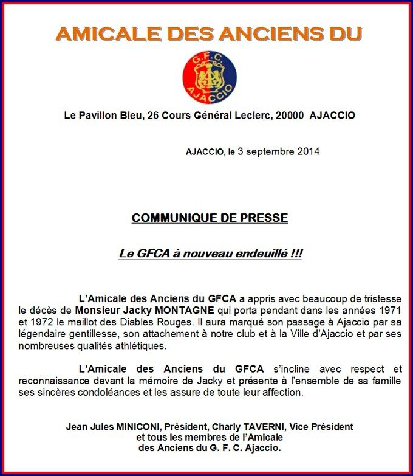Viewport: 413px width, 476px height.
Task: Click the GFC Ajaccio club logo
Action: [210, 77]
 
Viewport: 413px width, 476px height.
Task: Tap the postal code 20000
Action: [288, 115]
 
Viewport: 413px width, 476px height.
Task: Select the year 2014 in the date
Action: [307, 151]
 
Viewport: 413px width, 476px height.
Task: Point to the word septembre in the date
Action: [268, 151]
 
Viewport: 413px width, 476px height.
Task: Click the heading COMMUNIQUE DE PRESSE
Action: [210, 218]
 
